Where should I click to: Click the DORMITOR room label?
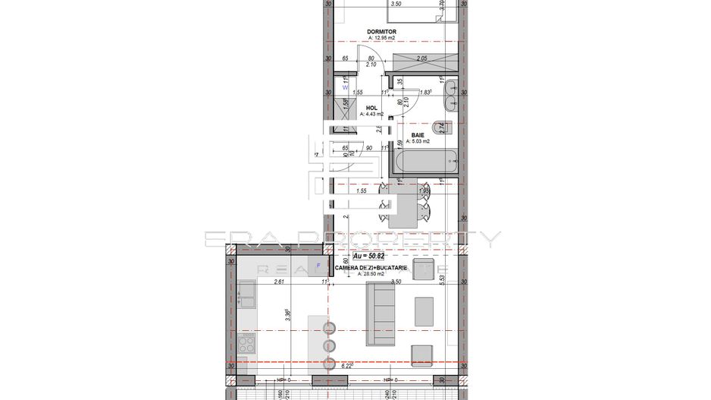pos(382,31)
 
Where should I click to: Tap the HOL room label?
pos(371,108)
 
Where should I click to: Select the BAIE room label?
pos(418,134)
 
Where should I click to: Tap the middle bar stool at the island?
pos(330,346)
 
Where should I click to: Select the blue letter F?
pos(318,265)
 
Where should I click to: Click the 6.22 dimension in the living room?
pos(348,365)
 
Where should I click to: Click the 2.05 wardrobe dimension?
pos(422,58)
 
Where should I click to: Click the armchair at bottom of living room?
pos(421,354)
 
